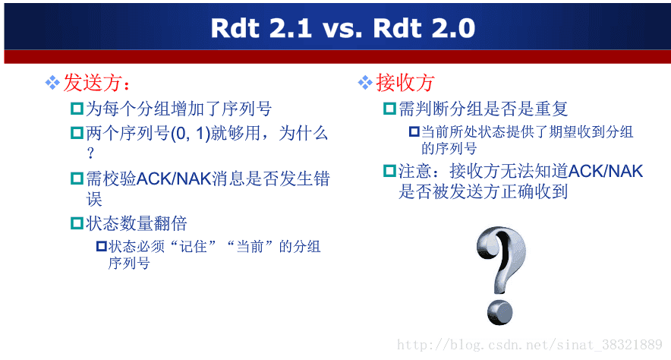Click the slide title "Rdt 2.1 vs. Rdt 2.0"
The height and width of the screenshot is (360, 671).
(343, 28)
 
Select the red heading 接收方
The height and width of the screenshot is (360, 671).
(405, 83)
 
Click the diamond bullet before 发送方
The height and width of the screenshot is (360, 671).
(52, 83)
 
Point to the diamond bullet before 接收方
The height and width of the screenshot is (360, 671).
(365, 83)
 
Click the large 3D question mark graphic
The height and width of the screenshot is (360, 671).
(501, 276)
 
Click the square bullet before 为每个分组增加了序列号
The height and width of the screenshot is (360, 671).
(77, 109)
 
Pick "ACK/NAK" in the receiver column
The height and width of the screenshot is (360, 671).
(606, 171)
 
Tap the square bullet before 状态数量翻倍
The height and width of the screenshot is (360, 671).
(77, 223)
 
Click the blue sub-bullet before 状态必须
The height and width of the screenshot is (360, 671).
(102, 246)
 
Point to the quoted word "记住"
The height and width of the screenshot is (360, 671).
(193, 247)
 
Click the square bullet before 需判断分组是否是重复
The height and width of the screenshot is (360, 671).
(389, 109)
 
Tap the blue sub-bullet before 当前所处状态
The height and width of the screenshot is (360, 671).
(414, 131)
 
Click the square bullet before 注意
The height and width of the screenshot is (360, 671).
(389, 171)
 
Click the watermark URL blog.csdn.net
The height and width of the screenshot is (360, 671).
(529, 345)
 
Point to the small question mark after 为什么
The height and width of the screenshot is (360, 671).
(90, 153)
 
